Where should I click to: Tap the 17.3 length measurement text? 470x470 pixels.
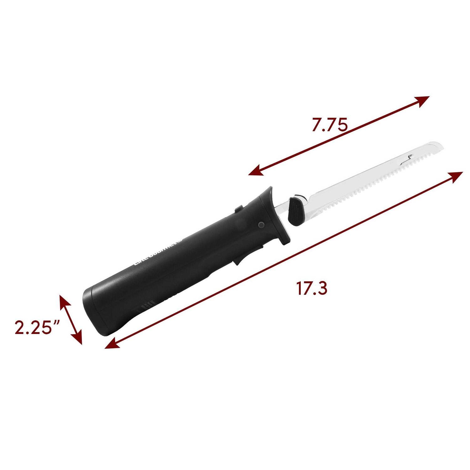[x=312, y=289]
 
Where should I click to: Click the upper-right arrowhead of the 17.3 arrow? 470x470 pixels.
[x=457, y=175]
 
